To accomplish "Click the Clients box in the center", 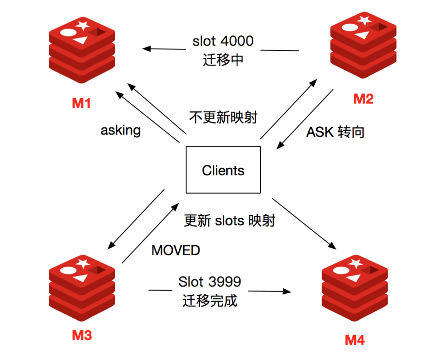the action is click(223, 170).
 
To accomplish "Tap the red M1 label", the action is click(81, 103).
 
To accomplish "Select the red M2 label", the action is click(363, 99).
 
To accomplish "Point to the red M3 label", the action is click(82, 335).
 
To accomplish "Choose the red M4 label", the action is click(355, 340).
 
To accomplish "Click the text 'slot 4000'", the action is click(223, 41).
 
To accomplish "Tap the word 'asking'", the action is click(121, 131).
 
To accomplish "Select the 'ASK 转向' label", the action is click(335, 132).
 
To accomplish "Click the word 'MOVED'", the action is click(176, 250).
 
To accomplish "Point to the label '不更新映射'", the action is click(223, 117).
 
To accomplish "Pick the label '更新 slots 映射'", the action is click(229, 220).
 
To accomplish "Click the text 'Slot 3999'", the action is click(210, 281).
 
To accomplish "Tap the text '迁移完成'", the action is click(210, 301).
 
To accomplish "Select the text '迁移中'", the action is click(223, 60).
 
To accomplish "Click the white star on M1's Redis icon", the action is click(83, 26).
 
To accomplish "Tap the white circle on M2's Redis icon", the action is click(350, 27).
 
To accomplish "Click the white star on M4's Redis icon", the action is click(356, 264).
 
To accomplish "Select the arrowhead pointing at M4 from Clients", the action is click(332, 246).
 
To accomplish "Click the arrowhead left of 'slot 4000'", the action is click(147, 49).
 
